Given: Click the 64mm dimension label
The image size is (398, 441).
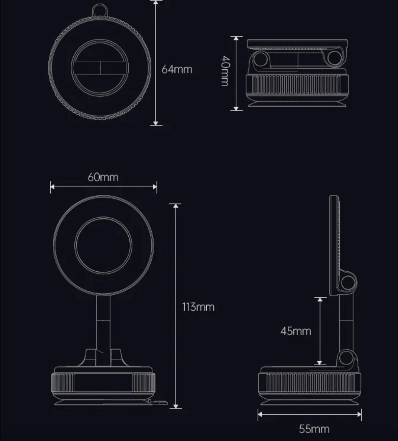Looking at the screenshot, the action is tap(177, 69).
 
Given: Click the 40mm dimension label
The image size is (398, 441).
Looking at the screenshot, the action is tap(225, 71).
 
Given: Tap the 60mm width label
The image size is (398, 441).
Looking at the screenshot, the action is tap(103, 177).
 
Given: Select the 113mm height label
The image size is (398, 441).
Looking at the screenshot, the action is tap(198, 307).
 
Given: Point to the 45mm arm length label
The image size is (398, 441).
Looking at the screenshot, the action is tap(296, 331).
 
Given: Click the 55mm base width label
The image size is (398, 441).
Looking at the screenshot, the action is tap(314, 429).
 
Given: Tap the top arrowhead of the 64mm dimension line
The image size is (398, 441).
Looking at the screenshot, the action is tap(156, 3).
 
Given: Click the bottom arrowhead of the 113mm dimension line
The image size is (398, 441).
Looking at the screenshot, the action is tap(176, 406).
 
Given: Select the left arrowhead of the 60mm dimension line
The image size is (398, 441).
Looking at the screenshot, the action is tap(52, 186).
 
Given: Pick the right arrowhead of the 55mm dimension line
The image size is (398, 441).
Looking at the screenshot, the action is tap(360, 414).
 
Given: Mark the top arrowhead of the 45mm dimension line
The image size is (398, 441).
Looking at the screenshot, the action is tap(320, 299).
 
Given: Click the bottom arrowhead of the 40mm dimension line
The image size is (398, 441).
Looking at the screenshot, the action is tap(236, 109).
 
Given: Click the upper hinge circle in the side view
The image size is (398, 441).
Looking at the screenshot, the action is tap(348, 283).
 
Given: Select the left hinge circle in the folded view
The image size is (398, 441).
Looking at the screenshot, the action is tap(261, 59).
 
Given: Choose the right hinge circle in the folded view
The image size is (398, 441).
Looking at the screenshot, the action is tap(335, 58).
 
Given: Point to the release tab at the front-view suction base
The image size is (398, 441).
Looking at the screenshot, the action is tap(159, 402).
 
